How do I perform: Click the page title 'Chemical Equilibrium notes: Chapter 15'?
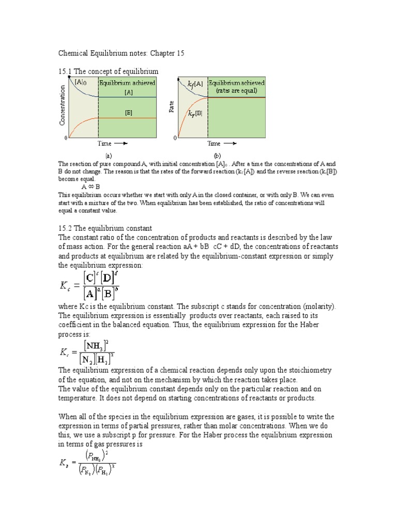[x=120, y=53]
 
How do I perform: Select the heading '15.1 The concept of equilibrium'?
[x=108, y=71]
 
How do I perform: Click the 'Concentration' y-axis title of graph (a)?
[x=63, y=106]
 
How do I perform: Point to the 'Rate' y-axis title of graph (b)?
[x=171, y=107]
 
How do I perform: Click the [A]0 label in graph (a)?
[x=81, y=82]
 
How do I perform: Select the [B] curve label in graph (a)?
[x=128, y=111]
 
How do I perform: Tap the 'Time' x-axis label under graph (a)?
[x=105, y=143]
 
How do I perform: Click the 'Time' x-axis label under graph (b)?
[x=214, y=143]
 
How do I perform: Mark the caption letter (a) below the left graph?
[x=109, y=155]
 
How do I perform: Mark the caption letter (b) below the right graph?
[x=217, y=155]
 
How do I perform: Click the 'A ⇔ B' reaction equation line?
[x=91, y=187]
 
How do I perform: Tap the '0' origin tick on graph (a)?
[x=66, y=138]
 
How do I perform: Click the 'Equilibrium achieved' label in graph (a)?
[x=127, y=83]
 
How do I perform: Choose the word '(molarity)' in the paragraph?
[x=317, y=306]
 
